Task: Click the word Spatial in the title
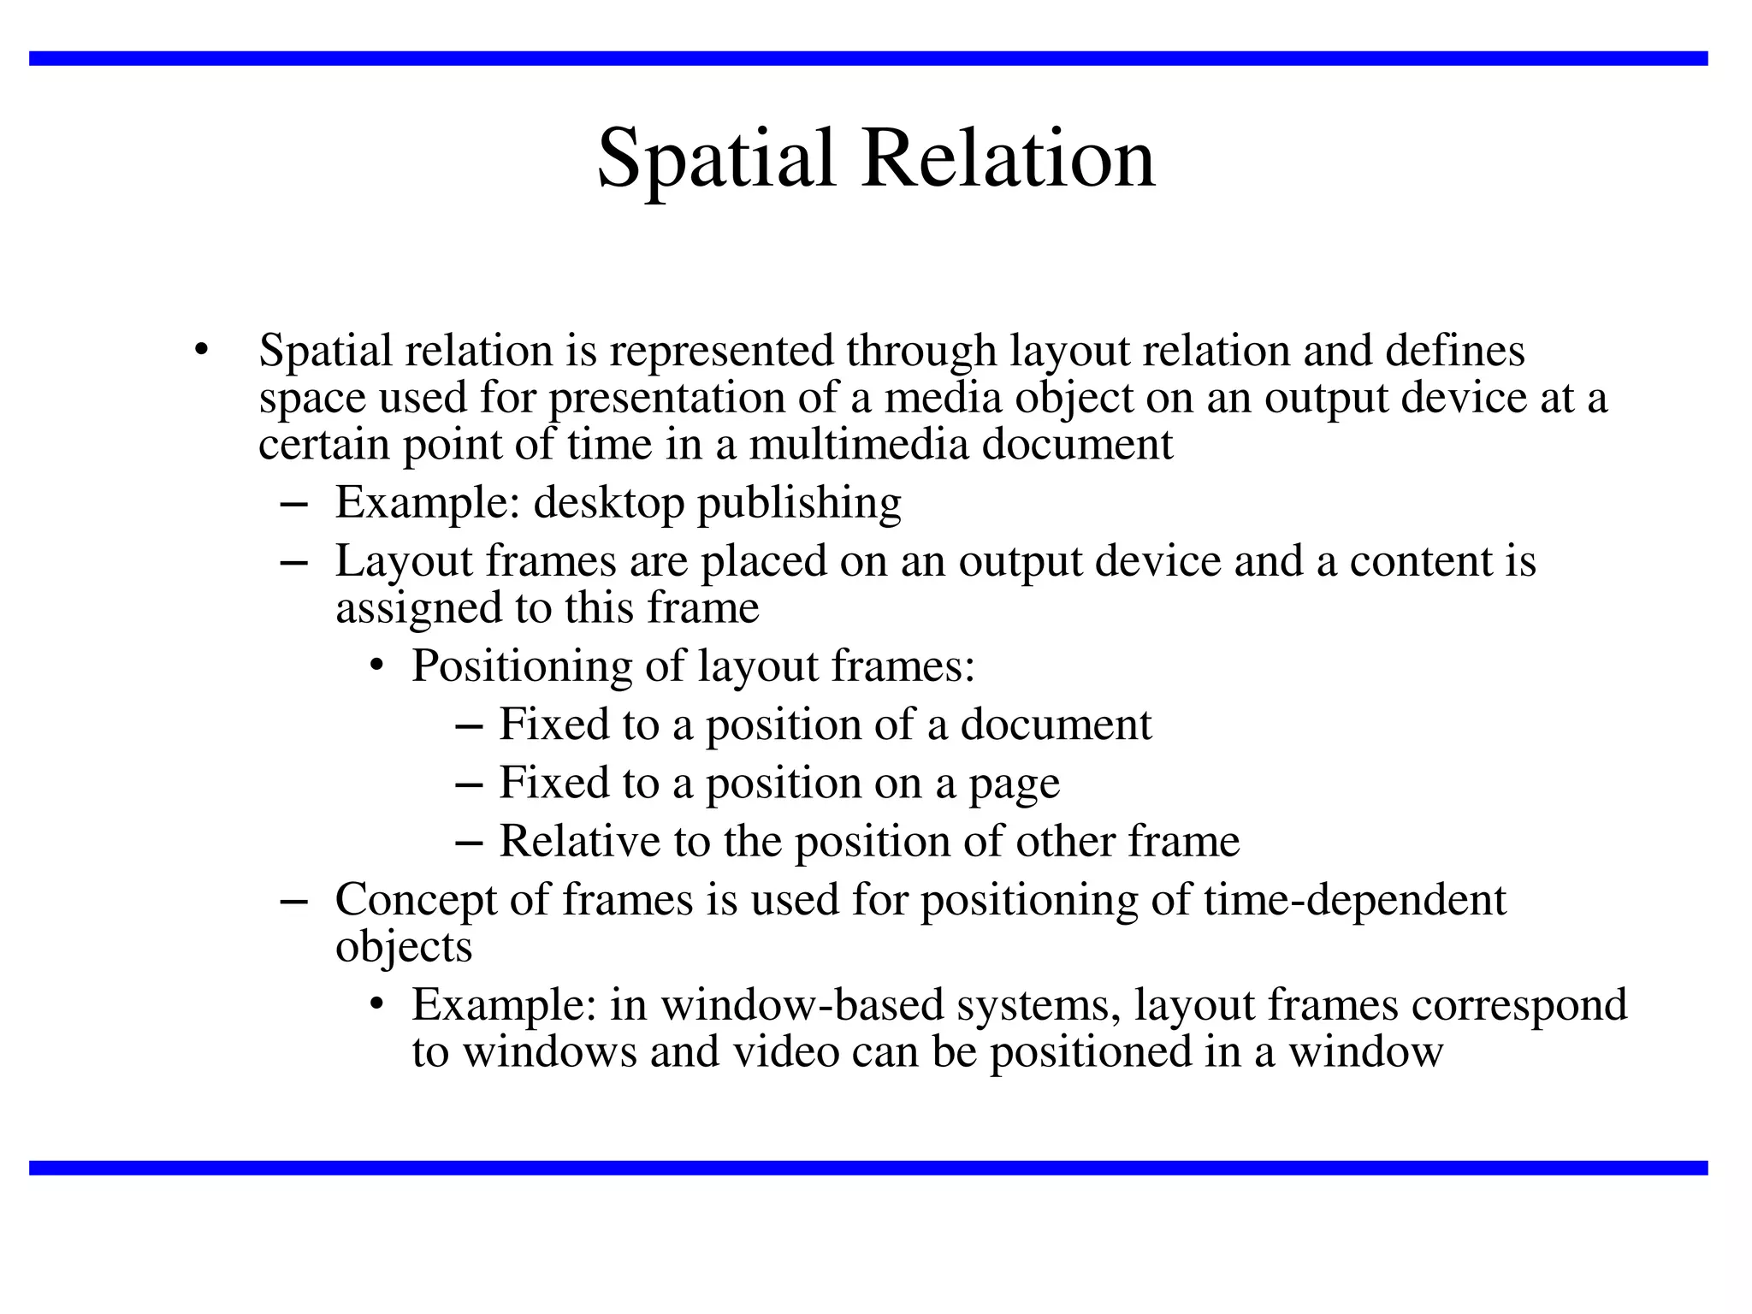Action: click(715, 159)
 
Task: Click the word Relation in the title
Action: click(1009, 159)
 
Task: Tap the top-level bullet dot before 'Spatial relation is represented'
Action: click(201, 350)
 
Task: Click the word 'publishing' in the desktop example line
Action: click(799, 503)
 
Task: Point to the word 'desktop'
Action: click(608, 503)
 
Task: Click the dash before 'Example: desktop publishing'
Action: click(293, 505)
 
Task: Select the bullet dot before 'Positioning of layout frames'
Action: click(376, 666)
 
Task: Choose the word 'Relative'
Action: click(579, 841)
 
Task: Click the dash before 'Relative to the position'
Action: click(469, 843)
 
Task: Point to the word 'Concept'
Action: click(417, 900)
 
